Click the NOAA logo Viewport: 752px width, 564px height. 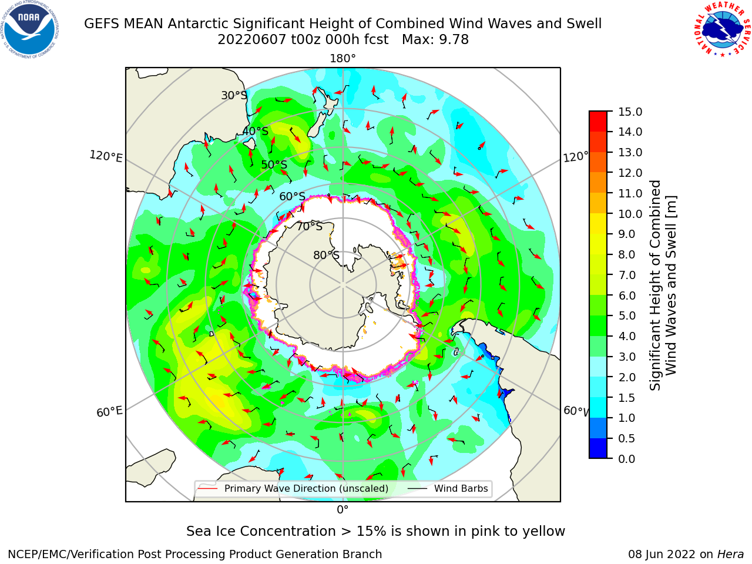(x=29, y=29)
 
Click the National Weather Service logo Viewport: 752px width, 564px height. (x=723, y=29)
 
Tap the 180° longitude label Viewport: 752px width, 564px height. (x=343, y=59)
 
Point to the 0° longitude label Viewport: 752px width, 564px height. (x=343, y=510)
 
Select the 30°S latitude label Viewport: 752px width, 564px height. (x=234, y=95)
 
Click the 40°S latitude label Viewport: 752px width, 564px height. (x=256, y=131)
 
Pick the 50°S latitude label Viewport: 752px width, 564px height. (x=274, y=164)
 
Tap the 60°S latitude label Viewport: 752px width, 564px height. (x=292, y=196)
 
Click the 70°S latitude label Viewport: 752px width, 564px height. (x=310, y=226)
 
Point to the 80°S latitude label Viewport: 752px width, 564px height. (x=327, y=255)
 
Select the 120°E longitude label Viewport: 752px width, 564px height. (x=106, y=156)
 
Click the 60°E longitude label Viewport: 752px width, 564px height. (x=109, y=412)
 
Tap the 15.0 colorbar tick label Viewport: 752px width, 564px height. (x=630, y=112)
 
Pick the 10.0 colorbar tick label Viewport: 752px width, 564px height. (x=630, y=214)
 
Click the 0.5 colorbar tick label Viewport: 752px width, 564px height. (x=627, y=438)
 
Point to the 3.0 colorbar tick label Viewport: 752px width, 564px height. (x=627, y=357)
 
